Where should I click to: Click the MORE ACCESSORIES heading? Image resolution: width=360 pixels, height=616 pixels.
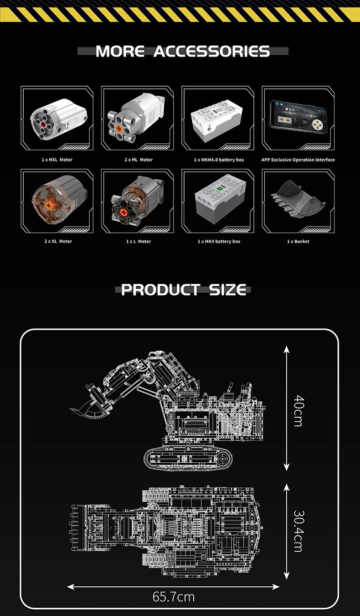coord(183,51)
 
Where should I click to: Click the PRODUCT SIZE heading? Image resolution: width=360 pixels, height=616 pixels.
coord(184,290)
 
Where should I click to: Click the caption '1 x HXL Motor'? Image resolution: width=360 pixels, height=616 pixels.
coord(57,160)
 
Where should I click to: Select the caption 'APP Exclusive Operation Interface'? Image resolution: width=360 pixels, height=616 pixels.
coord(298,160)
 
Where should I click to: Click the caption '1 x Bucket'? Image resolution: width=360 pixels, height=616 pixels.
coord(298,241)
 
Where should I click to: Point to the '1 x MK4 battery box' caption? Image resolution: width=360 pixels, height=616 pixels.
coord(219,241)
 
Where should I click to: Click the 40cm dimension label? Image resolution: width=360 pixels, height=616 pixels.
coord(298,410)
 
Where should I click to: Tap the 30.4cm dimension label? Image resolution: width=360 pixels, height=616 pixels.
coord(298,531)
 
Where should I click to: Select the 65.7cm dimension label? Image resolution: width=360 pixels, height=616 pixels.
coord(174,596)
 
